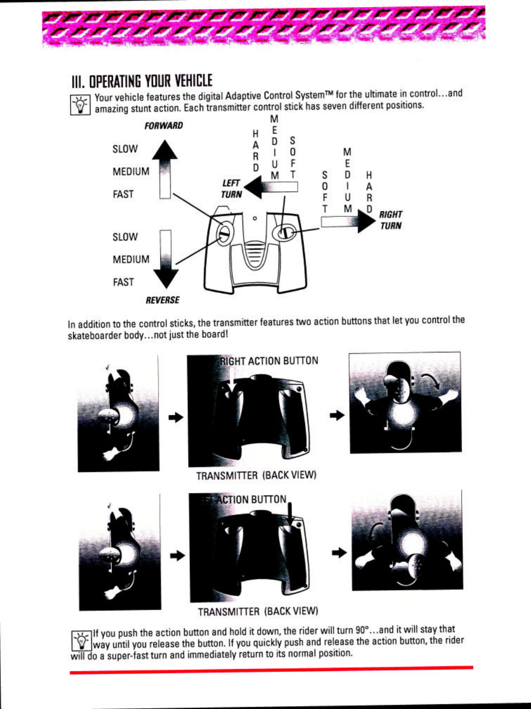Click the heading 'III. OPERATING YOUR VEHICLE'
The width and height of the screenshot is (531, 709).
point(142,81)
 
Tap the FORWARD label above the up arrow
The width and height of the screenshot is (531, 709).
point(163,126)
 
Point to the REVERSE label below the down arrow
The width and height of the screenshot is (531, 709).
point(162,300)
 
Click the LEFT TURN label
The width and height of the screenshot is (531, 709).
point(231,189)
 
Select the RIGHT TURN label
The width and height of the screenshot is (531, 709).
point(391,220)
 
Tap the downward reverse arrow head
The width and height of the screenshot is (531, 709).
point(166,279)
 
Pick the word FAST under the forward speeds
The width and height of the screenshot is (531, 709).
point(123,194)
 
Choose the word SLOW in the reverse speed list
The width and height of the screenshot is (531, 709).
point(125,237)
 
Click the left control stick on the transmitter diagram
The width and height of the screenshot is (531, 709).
point(224,231)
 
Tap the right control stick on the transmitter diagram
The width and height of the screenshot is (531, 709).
point(285,233)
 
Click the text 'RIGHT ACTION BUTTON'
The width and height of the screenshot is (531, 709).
point(269,361)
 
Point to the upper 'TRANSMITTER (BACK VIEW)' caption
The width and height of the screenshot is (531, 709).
point(256,476)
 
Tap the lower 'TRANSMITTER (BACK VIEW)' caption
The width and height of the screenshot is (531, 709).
point(258,612)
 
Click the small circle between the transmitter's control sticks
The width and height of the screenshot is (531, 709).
point(254,218)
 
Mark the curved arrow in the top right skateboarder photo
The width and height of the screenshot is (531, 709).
point(431,381)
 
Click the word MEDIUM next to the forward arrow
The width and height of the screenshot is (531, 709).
point(131,172)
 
